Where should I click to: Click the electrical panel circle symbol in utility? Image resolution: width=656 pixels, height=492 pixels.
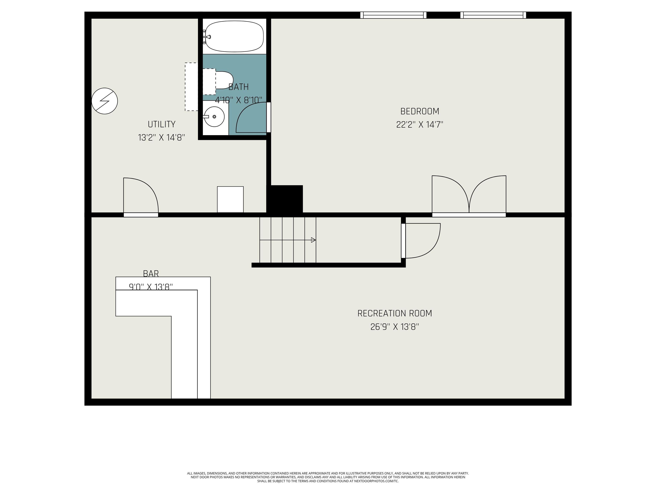point(105,101)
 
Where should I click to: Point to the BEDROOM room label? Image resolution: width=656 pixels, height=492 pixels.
point(420,111)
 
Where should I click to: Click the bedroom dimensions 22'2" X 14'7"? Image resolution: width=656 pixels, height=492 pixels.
point(420,124)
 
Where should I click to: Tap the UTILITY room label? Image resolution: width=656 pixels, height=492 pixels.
point(162,124)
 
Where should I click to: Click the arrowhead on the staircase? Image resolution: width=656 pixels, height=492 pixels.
point(313,240)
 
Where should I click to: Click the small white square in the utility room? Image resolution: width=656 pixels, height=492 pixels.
point(230,199)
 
